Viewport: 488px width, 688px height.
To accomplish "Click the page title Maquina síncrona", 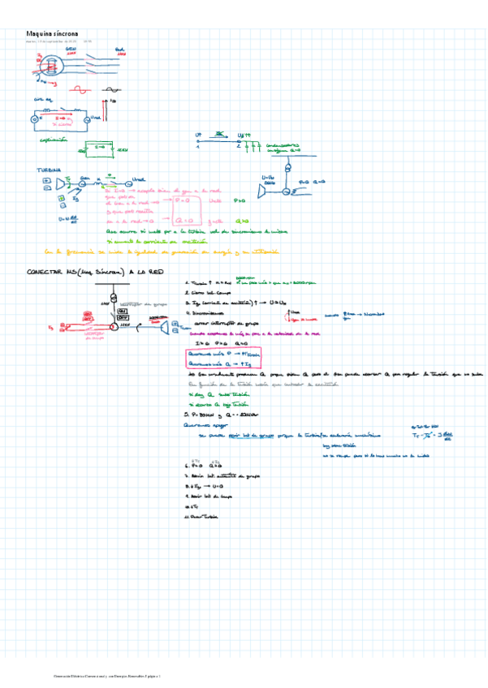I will [x=52, y=33].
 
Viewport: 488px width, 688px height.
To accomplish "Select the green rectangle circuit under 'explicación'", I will [x=101, y=148].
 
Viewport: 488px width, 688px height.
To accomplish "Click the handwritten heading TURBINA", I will [x=48, y=170].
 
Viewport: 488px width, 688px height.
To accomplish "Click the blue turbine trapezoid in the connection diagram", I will [x=166, y=327].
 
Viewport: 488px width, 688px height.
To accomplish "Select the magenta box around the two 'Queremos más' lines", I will [x=223, y=358].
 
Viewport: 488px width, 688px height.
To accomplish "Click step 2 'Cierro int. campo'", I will [x=206, y=292].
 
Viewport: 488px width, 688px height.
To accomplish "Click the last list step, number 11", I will [x=203, y=516].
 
